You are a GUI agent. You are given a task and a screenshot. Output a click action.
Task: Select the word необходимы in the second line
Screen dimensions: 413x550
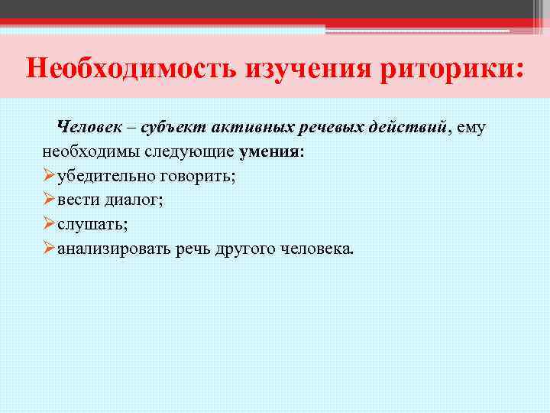click(x=85, y=151)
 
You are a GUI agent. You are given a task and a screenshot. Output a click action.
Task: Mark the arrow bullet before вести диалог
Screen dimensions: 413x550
click(x=49, y=200)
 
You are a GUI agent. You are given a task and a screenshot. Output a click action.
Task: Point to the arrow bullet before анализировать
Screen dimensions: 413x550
click(x=49, y=249)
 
